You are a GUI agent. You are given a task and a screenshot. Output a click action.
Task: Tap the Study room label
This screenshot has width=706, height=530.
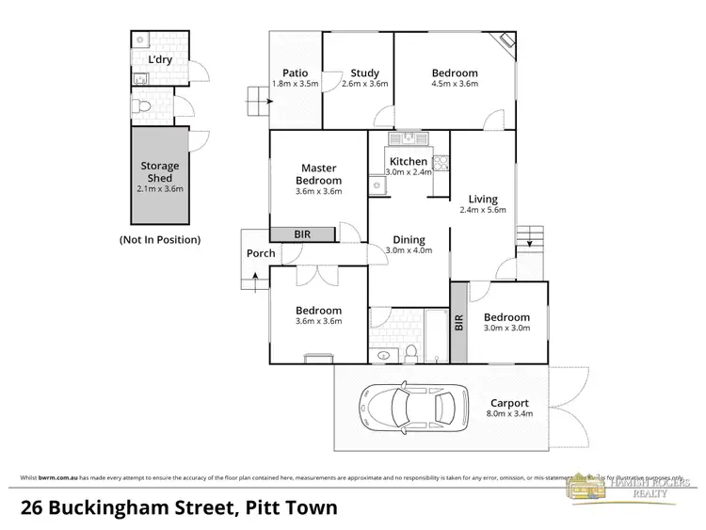point(364,72)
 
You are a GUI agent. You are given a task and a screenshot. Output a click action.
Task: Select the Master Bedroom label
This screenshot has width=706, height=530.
point(318,174)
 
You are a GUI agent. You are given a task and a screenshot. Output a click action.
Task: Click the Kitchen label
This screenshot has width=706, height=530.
point(409,161)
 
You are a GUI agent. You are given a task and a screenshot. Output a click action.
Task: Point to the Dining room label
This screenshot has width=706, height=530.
point(409,239)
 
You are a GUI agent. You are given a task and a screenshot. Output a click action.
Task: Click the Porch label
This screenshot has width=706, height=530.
point(261,253)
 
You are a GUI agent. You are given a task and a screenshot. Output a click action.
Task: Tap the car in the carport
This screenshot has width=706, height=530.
point(414,408)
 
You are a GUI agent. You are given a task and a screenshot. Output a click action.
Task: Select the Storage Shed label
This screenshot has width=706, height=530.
point(159,171)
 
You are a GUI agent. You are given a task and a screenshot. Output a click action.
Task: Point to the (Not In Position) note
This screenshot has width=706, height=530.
point(160,240)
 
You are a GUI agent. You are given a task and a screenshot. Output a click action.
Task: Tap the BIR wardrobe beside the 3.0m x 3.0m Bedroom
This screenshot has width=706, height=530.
point(459,324)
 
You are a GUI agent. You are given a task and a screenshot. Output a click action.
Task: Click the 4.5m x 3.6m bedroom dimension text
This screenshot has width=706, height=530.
point(455,84)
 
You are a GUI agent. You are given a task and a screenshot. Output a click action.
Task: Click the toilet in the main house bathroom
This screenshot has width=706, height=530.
point(410,353)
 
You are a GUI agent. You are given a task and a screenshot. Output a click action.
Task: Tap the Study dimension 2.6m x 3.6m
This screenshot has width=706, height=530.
point(364,84)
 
